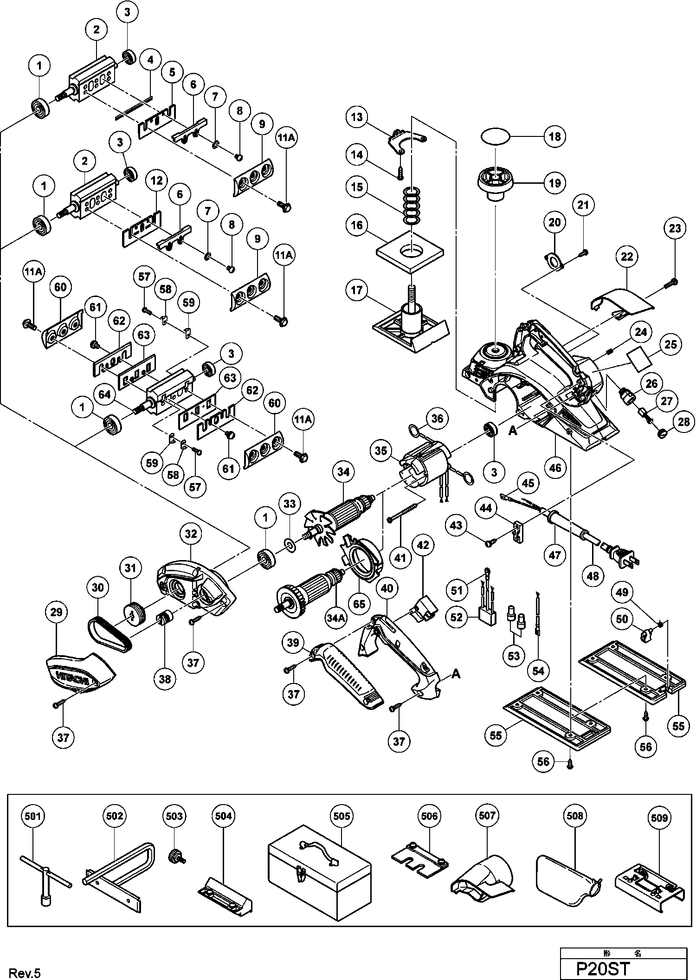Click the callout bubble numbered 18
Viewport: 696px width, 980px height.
555,136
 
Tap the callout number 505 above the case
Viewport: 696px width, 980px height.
342,816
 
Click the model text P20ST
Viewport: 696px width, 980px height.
603,968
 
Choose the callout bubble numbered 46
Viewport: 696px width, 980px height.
555,468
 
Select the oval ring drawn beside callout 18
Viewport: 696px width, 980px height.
496,137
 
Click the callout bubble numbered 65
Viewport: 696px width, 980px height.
359,604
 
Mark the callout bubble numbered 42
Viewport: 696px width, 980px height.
423,545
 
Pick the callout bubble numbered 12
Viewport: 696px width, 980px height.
157,180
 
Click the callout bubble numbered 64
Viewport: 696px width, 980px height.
105,395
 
